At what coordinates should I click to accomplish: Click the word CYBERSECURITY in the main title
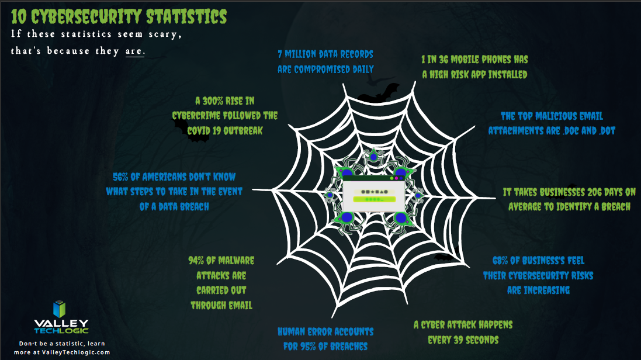pos(86,17)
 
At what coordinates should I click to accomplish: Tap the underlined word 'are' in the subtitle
pos(134,51)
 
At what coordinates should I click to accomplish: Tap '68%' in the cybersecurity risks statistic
pos(500,261)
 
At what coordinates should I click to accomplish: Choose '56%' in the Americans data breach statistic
pos(120,177)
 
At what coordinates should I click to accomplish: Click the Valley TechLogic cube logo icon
pos(60,309)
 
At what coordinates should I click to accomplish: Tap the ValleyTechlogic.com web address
pos(76,352)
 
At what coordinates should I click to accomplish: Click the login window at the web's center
pos(373,194)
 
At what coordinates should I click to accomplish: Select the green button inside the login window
pos(374,199)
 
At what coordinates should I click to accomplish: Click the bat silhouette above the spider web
pos(378,94)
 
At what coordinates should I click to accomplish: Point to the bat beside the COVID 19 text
pos(192,131)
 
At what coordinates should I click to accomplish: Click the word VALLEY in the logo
pos(61,324)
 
